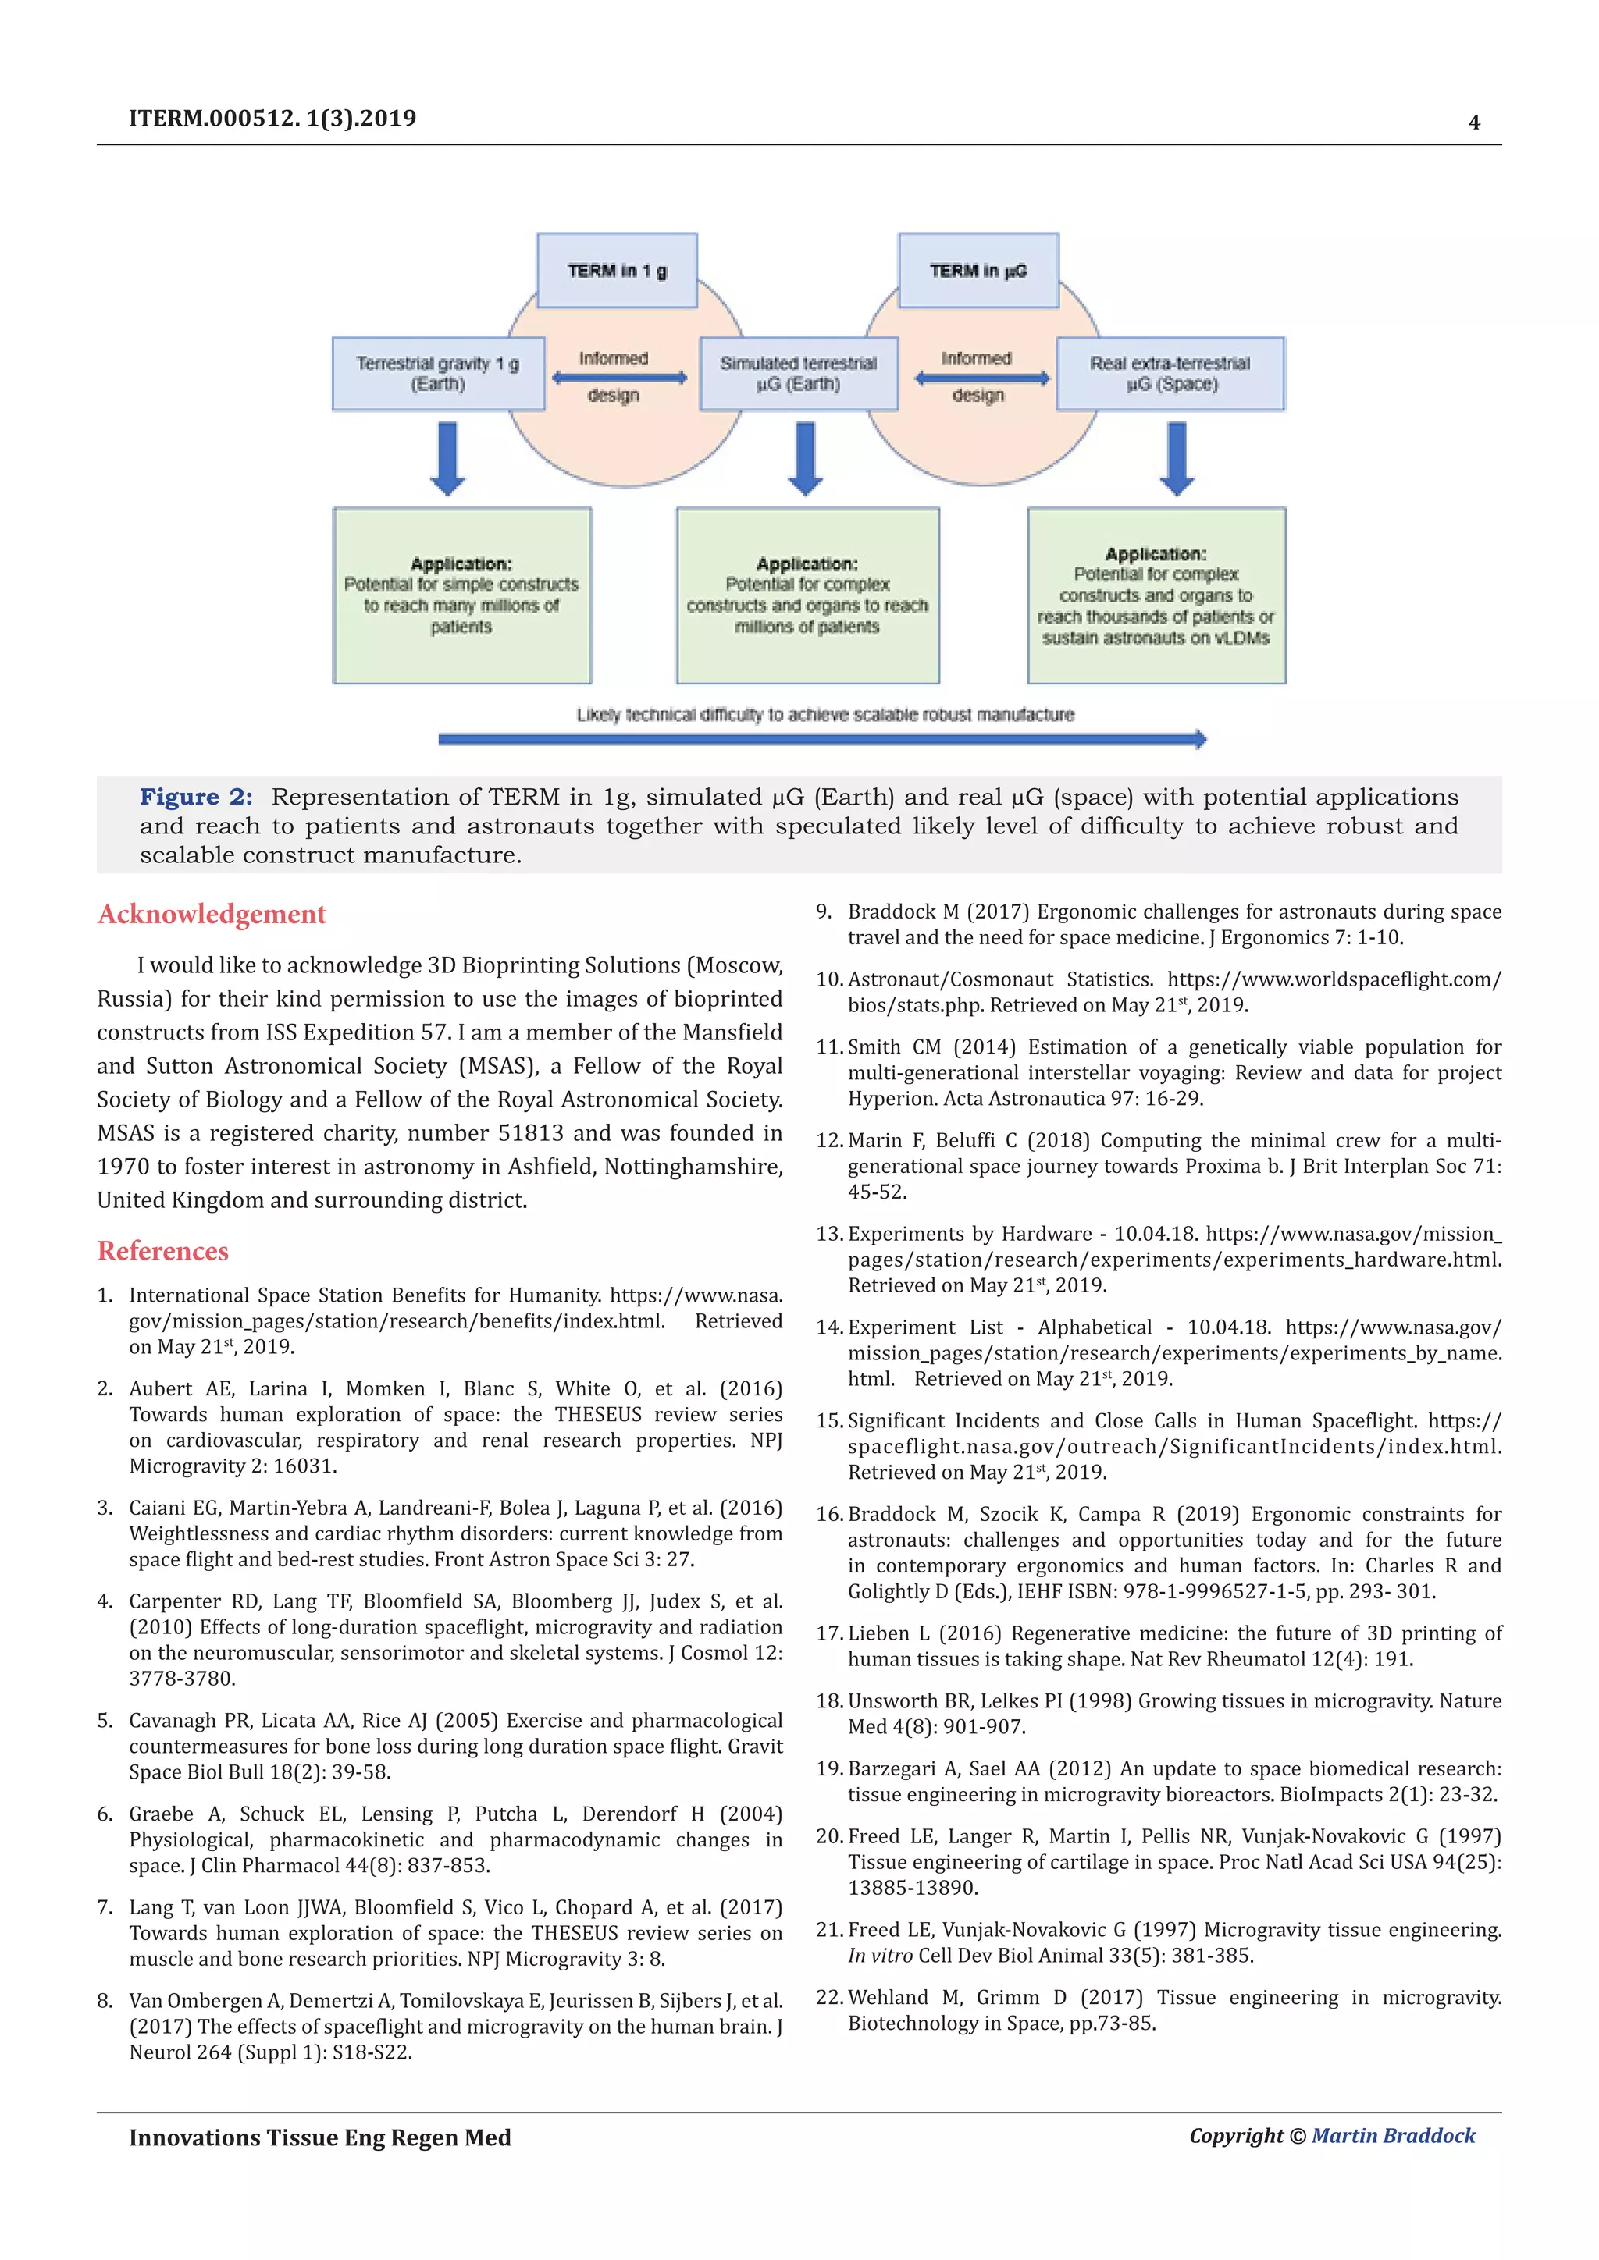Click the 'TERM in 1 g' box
point(616,271)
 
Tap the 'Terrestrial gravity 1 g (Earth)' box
point(438,374)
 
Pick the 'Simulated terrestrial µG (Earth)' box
point(799,374)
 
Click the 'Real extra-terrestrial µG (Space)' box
point(1170,374)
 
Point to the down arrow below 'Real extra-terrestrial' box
point(1177,459)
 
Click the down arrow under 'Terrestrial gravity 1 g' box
point(448,459)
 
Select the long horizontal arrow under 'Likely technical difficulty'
point(822,739)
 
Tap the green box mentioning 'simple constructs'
point(461,595)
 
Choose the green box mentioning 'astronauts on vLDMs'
point(1156,595)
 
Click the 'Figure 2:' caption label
point(196,798)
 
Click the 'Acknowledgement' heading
point(212,915)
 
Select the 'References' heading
point(162,1251)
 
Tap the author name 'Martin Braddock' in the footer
point(1393,2135)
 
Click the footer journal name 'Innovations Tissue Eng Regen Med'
point(320,2137)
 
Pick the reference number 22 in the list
point(829,1997)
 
